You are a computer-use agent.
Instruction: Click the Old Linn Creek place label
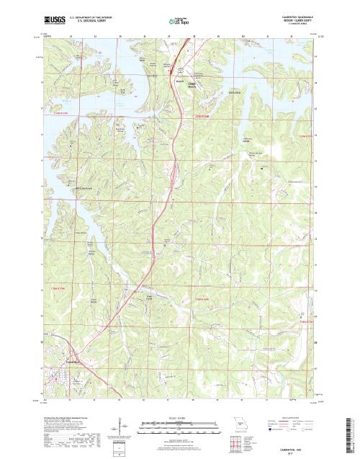click(x=85, y=189)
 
